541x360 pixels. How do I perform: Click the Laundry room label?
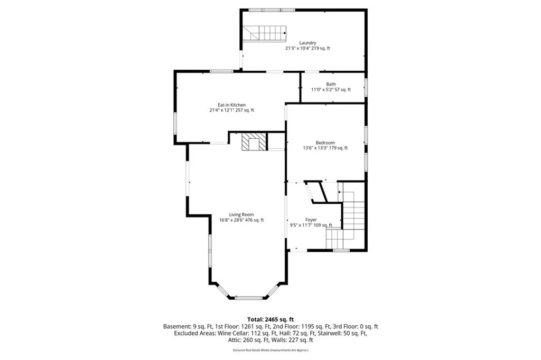tap(307, 43)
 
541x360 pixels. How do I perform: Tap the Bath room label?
tap(331, 84)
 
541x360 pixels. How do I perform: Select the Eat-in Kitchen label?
tap(231, 105)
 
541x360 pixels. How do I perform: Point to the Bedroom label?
tap(325, 143)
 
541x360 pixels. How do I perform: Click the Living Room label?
tap(241, 214)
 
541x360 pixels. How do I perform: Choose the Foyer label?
tap(311, 220)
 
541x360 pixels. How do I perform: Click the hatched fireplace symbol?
tap(254, 142)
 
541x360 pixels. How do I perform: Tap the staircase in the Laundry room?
tap(264, 33)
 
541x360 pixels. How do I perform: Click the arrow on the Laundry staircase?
tap(285, 33)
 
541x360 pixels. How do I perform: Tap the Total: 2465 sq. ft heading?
tap(270, 320)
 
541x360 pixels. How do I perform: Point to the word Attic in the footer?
tap(234, 340)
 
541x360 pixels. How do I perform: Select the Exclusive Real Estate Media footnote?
tap(270, 350)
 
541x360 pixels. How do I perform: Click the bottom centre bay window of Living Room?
tap(249, 297)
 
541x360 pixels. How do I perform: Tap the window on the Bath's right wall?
tap(366, 87)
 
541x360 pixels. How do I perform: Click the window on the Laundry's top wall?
tap(272, 10)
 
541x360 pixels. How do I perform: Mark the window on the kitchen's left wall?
tap(175, 124)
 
